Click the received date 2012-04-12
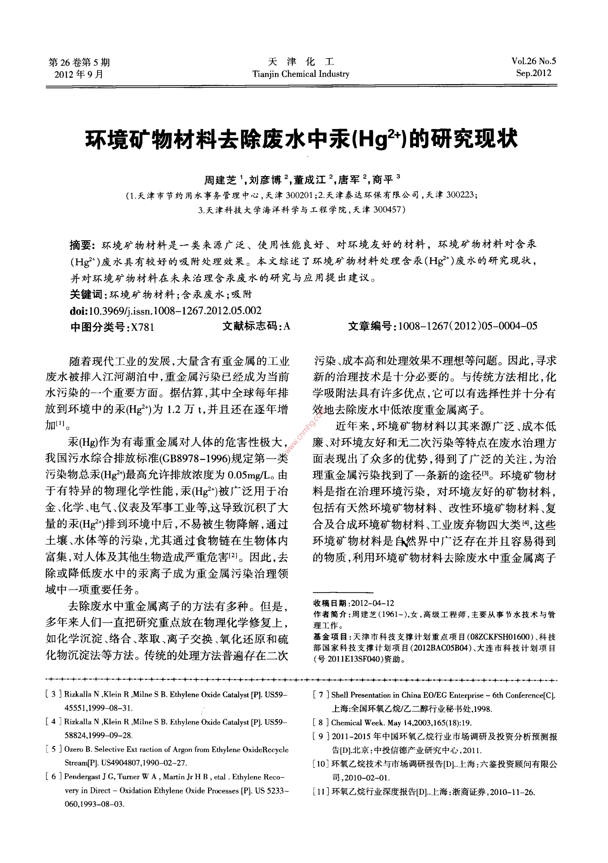pos(372,603)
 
